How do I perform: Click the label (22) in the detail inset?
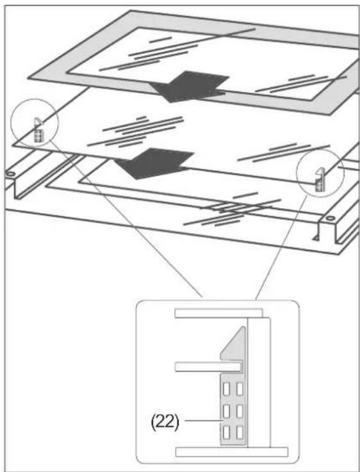165,423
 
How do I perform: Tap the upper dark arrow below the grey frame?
189,86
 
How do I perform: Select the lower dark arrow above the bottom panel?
154,163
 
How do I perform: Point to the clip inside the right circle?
319,180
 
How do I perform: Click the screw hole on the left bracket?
10,174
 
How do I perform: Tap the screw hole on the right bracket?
330,218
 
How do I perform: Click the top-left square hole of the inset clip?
227,389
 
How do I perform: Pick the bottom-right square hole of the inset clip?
240,432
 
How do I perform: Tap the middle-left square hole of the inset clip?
227,411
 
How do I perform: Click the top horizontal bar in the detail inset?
218,313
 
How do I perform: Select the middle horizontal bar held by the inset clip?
209,367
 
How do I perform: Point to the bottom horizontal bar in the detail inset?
232,452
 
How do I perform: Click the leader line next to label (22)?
204,420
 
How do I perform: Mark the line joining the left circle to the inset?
124,219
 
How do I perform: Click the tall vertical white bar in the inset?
259,382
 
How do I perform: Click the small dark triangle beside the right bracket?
315,238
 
